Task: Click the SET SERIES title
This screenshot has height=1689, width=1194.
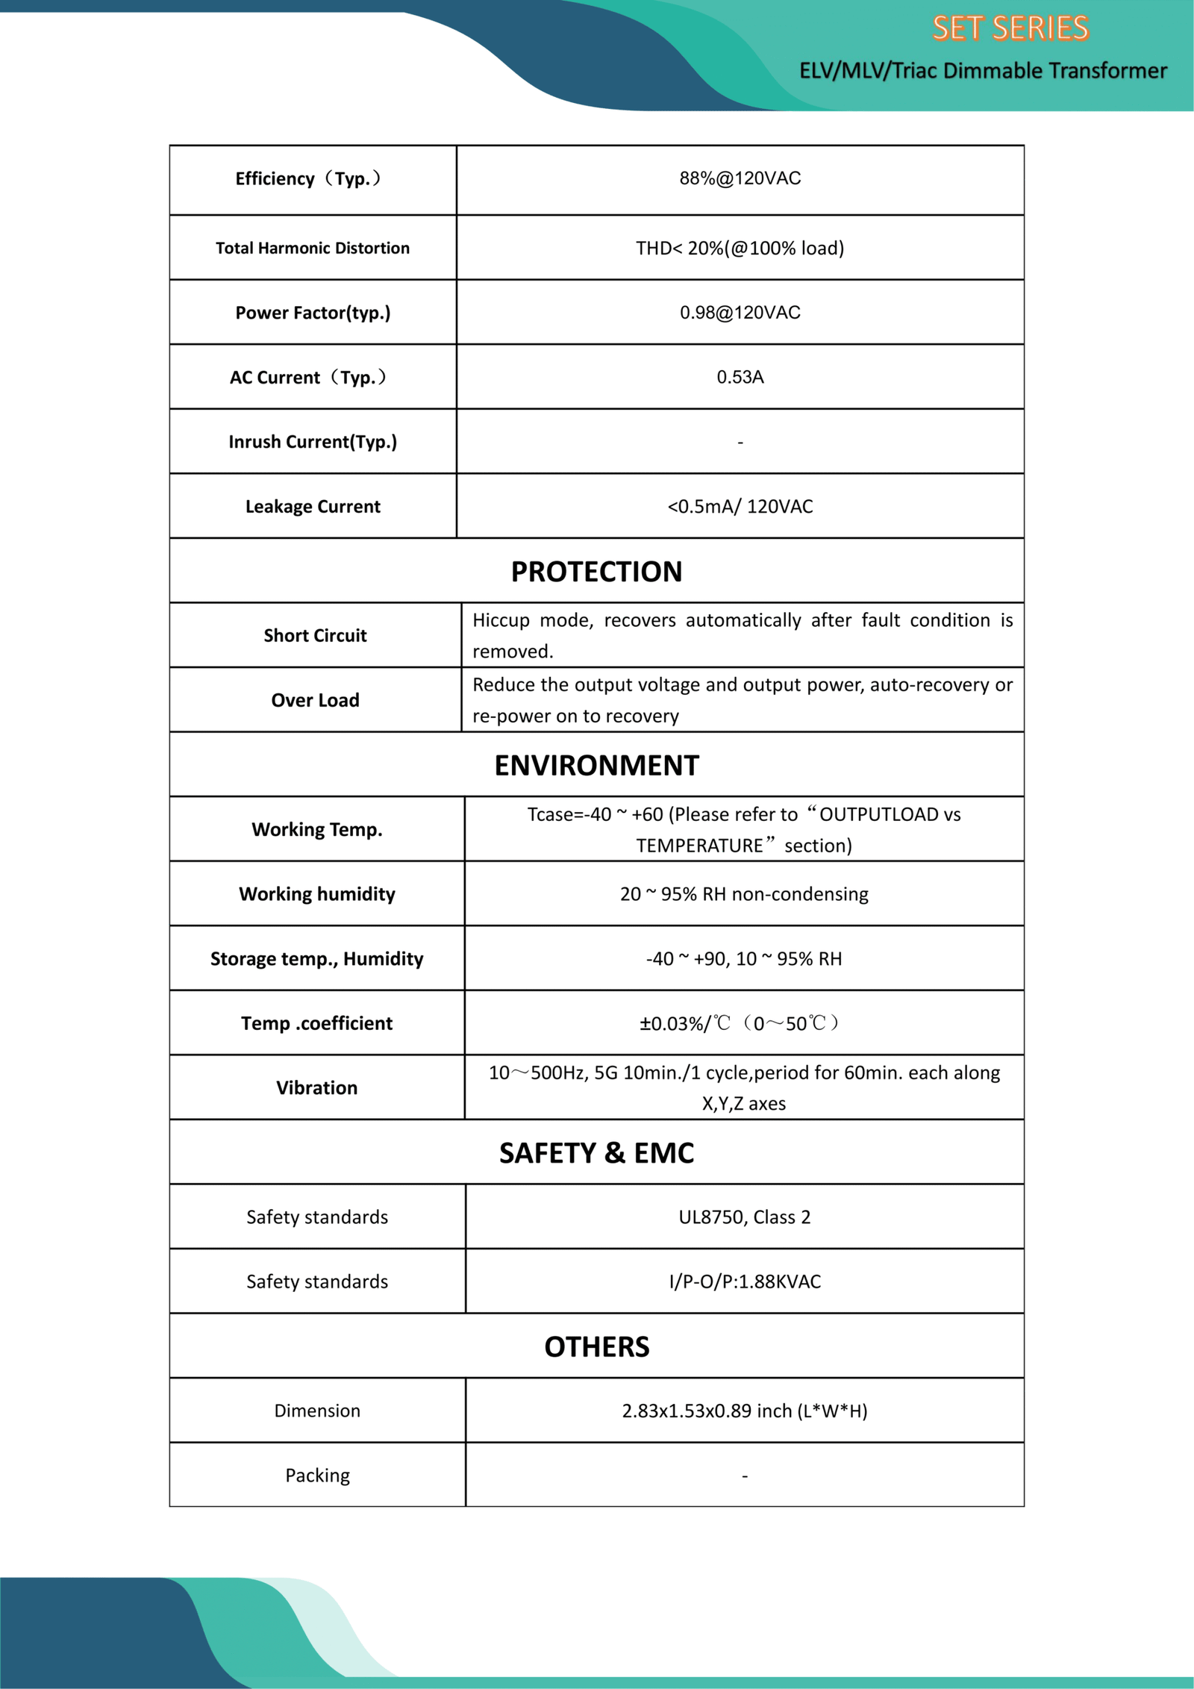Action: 1010,28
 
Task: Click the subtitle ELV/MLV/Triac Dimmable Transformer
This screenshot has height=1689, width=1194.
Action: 983,70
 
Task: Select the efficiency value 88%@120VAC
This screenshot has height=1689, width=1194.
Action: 740,178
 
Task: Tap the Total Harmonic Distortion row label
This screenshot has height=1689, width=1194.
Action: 313,248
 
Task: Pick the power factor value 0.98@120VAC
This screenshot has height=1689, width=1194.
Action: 740,313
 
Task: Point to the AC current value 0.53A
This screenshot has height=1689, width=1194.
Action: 740,377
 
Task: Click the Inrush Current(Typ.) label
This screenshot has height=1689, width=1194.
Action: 313,442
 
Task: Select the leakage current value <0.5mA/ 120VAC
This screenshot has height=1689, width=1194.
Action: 740,507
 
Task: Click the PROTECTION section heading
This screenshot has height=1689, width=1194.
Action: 596,572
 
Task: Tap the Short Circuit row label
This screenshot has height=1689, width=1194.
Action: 315,636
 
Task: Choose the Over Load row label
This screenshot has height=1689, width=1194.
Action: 315,700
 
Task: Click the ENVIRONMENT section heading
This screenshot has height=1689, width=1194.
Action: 596,766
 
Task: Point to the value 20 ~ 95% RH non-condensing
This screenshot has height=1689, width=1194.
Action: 744,894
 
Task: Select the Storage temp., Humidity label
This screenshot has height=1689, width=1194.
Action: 316,959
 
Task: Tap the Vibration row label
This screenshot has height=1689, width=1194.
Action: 316,1088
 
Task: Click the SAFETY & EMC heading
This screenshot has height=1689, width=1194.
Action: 596,1153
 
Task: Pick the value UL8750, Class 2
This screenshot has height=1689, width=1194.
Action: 744,1217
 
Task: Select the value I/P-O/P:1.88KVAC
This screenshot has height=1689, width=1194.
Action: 744,1282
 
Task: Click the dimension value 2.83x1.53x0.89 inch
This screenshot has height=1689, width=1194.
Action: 744,1411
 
